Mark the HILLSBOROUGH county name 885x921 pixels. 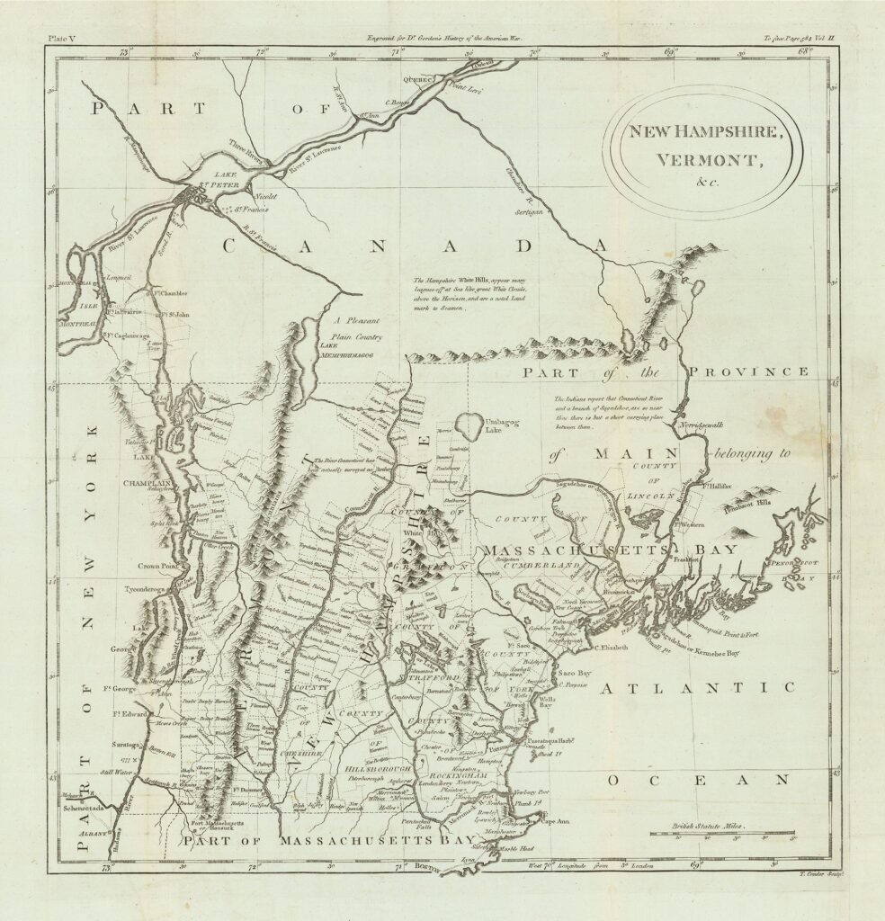[379, 773]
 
